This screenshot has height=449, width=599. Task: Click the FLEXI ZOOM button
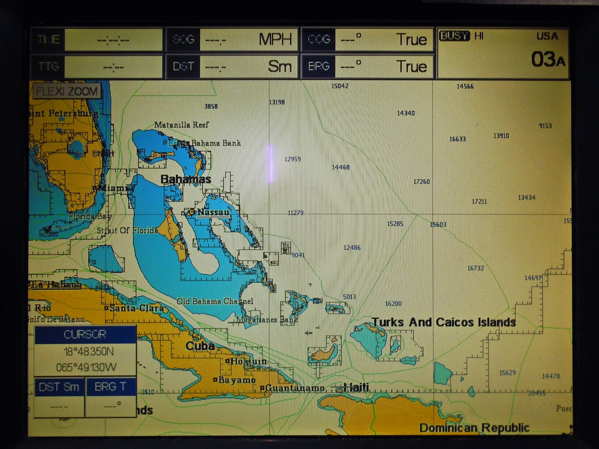tap(67, 91)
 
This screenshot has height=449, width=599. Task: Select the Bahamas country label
tap(186, 179)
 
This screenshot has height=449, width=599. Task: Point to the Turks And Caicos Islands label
tap(444, 322)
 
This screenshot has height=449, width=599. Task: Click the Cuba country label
tap(200, 346)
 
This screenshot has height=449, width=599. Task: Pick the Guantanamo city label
tap(295, 388)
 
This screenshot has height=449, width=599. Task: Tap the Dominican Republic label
tap(474, 428)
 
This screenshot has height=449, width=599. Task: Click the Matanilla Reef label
tap(181, 125)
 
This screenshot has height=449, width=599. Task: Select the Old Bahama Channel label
tap(215, 301)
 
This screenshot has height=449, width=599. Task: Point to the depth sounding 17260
tap(421, 182)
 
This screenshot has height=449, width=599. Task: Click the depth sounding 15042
tap(340, 86)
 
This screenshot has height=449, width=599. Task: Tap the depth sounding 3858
tap(211, 106)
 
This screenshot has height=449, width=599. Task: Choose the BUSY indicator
tap(454, 36)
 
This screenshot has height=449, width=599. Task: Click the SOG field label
tap(183, 40)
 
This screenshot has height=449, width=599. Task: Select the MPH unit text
tap(275, 40)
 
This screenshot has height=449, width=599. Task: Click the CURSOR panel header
tap(85, 334)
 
